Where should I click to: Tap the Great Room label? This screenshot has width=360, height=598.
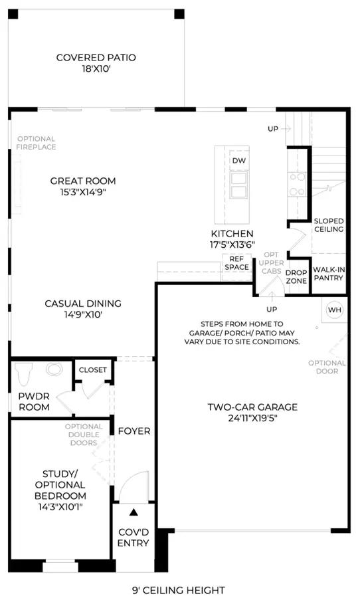(x=83, y=181)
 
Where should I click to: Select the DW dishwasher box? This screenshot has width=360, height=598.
(x=239, y=161)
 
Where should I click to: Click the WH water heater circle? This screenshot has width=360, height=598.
(x=335, y=310)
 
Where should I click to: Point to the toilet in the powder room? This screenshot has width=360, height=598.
(x=24, y=373)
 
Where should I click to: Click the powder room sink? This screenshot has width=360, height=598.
(x=54, y=369)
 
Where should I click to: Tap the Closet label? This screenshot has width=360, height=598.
(x=93, y=370)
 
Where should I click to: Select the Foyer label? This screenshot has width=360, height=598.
(x=134, y=431)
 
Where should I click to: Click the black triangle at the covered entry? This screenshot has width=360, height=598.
(x=134, y=512)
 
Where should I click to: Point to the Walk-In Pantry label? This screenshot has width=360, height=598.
(x=329, y=274)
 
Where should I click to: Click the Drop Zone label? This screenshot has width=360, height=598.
(x=296, y=277)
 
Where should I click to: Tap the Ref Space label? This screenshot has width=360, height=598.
(x=237, y=263)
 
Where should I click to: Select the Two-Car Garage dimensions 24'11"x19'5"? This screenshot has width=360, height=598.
(x=252, y=418)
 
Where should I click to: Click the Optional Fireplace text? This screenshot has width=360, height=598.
(x=37, y=143)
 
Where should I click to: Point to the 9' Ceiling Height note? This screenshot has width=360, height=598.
(x=179, y=591)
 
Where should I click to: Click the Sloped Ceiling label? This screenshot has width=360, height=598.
(x=329, y=225)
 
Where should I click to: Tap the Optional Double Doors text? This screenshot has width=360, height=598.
(x=84, y=435)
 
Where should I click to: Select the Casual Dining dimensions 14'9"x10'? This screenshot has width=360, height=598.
(x=83, y=315)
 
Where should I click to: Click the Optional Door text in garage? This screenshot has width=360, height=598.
(x=327, y=367)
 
